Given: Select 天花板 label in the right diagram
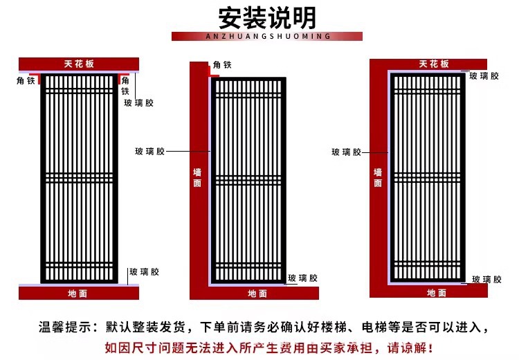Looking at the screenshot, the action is pos(434,64).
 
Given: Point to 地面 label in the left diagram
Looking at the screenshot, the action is pos(78,294).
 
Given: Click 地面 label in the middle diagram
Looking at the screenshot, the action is pos(257,294).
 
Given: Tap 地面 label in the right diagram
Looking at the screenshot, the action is pos(437,294).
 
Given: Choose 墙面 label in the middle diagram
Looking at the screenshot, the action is pos(197,178).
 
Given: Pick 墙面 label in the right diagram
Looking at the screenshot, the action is pos(378,178).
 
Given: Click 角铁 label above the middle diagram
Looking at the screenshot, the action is pos(222,65).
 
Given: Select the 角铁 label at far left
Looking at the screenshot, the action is pos(26,80).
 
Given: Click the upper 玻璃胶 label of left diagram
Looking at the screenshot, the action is pos(139,103).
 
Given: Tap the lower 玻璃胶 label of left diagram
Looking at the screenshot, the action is pos(145,272).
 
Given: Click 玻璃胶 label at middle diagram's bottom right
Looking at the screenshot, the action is pos(303,278).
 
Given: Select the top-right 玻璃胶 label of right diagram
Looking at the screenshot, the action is pos(484,76).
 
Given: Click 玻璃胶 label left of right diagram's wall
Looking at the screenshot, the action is pos(346,152).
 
